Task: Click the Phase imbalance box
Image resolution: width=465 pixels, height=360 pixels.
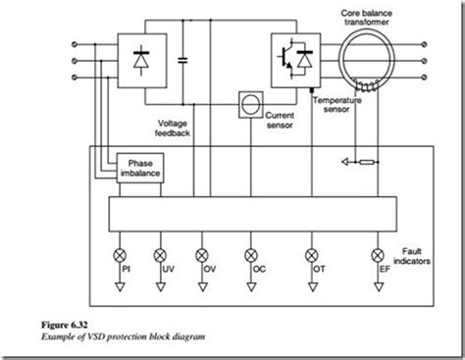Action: pyautogui.click(x=136, y=168)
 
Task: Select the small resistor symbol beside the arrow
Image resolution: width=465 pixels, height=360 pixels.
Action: pyautogui.click(x=370, y=160)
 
